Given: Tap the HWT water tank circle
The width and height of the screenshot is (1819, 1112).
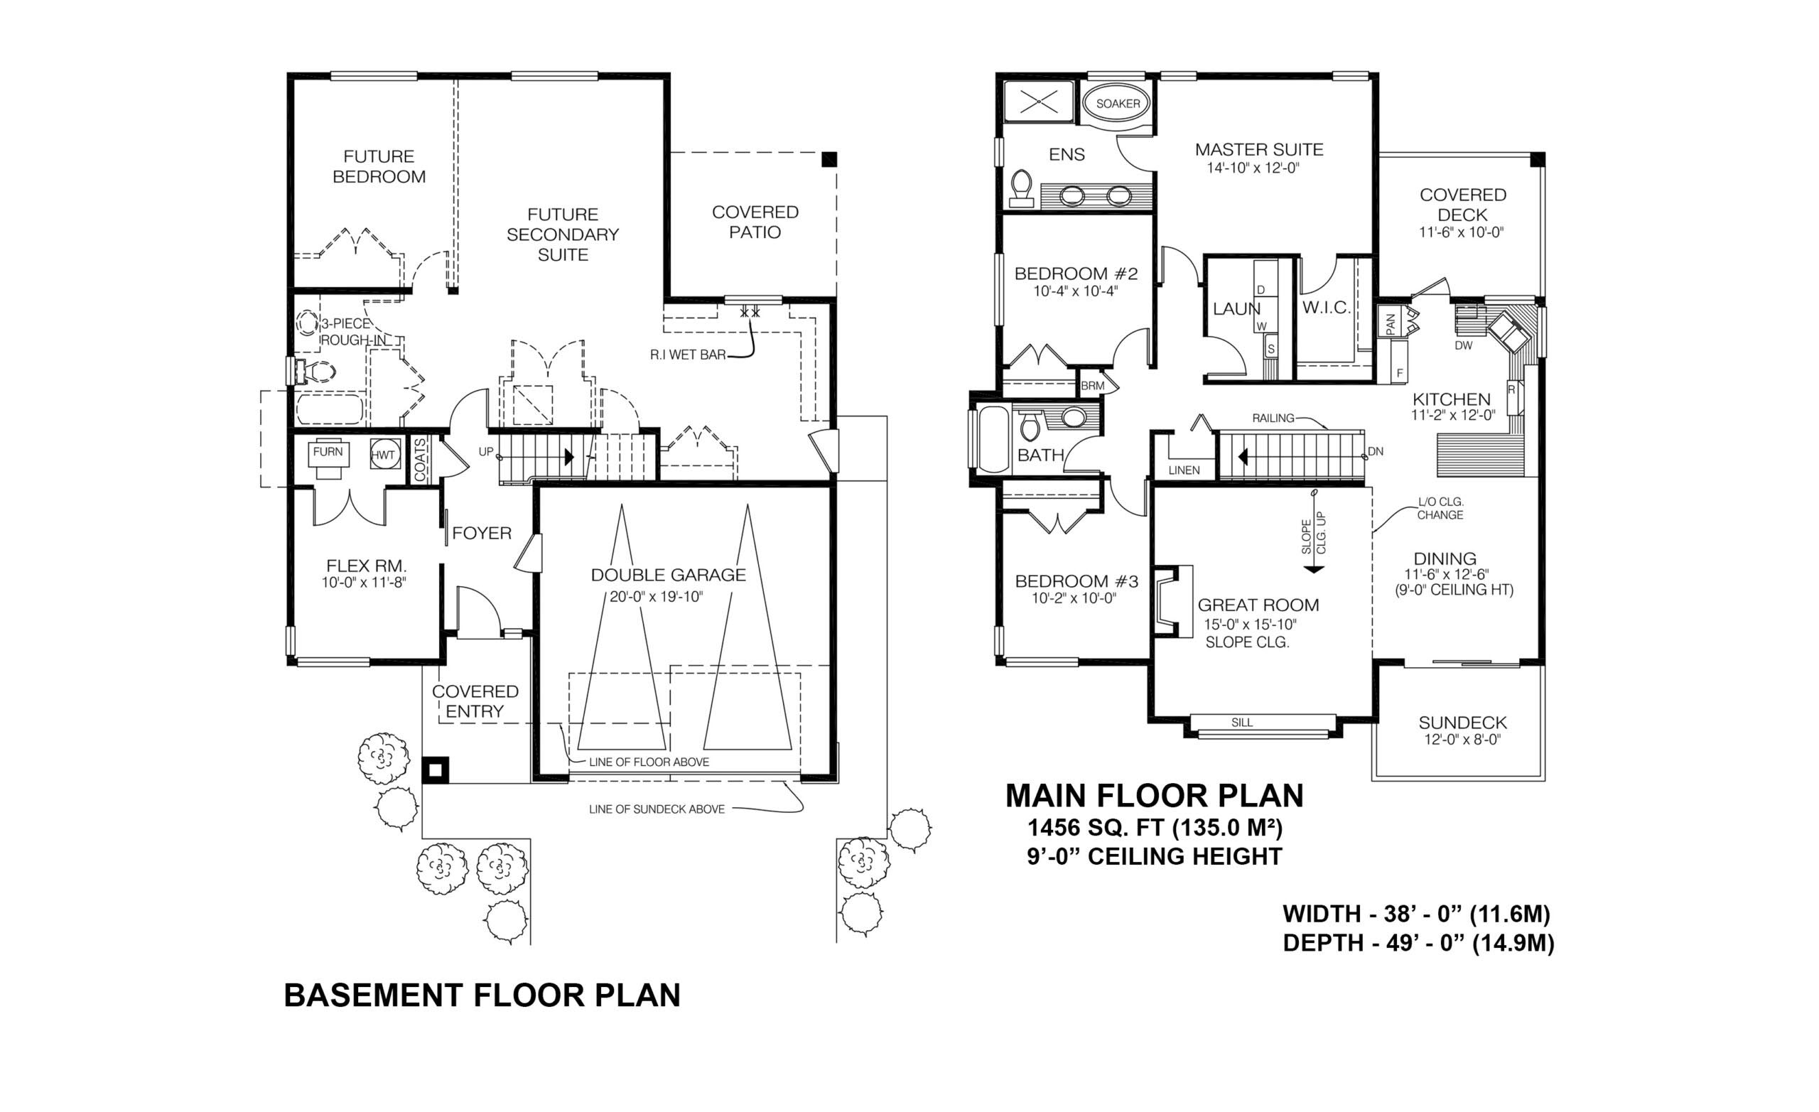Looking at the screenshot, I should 383,455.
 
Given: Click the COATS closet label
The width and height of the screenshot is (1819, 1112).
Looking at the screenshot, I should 420,459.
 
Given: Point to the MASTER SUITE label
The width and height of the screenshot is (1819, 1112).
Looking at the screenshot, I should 1258,150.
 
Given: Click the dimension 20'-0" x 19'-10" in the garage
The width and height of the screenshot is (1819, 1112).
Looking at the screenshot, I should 657,597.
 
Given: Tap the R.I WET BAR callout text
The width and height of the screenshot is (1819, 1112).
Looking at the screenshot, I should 687,355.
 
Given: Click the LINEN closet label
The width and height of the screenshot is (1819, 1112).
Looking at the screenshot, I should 1183,470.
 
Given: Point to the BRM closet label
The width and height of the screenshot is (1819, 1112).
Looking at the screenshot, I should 1092,385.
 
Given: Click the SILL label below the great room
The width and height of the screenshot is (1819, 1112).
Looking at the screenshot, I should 1242,723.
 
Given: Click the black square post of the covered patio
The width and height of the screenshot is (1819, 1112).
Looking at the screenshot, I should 829,158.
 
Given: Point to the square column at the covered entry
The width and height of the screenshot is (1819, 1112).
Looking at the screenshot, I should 435,770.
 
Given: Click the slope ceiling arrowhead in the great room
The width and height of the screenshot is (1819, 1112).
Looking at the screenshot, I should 1312,569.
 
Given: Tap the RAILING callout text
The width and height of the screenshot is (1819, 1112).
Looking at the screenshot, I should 1273,418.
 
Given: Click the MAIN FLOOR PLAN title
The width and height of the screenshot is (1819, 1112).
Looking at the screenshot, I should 1154,795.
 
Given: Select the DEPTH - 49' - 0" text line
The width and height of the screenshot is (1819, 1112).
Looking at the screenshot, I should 1418,943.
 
